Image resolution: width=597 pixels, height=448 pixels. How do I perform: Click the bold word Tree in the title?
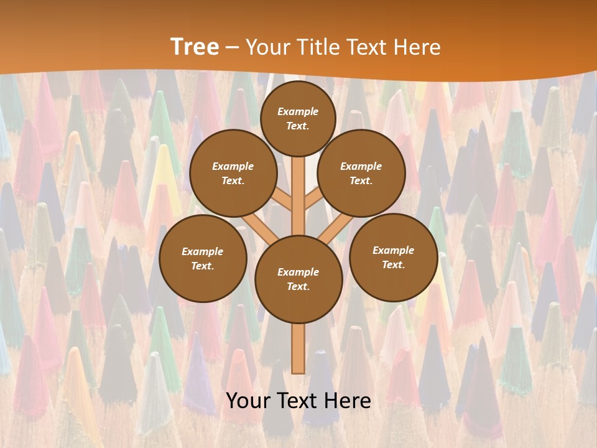click(195, 47)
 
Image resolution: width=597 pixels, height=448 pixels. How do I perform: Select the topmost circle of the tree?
click(298, 118)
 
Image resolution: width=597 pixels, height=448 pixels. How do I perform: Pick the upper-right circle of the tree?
click(361, 173)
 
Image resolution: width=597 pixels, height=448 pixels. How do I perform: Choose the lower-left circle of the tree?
click(203, 258)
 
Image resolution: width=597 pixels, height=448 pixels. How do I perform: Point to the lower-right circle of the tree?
click(393, 257)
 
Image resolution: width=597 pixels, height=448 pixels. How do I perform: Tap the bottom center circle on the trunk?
click(298, 279)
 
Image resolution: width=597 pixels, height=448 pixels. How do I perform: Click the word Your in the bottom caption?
click(248, 401)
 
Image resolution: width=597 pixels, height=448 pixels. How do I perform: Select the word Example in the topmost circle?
click(298, 111)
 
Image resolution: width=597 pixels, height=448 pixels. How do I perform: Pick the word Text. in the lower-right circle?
click(393, 264)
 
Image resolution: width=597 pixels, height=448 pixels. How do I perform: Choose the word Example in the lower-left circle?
click(202, 251)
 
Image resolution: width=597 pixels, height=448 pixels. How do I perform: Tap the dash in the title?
click(232, 47)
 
